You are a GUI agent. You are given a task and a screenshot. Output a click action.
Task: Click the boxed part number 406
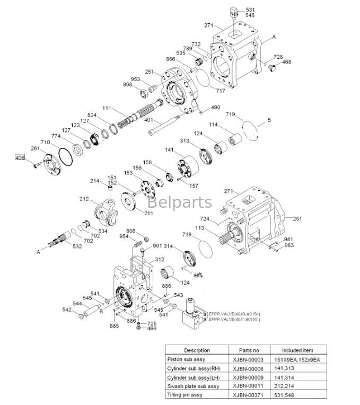(x=20, y=157)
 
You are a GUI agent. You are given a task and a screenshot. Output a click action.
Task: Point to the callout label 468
(x=286, y=62)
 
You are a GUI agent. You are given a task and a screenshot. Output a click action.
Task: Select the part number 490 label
(x=215, y=108)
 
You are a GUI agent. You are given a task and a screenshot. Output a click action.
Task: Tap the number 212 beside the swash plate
(x=84, y=200)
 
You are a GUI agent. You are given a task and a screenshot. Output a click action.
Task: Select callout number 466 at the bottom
(x=152, y=329)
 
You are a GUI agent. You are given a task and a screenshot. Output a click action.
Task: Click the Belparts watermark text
(x=179, y=202)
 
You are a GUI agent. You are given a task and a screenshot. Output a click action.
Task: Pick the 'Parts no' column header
(x=249, y=350)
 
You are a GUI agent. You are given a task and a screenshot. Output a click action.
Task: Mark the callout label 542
(x=67, y=310)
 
